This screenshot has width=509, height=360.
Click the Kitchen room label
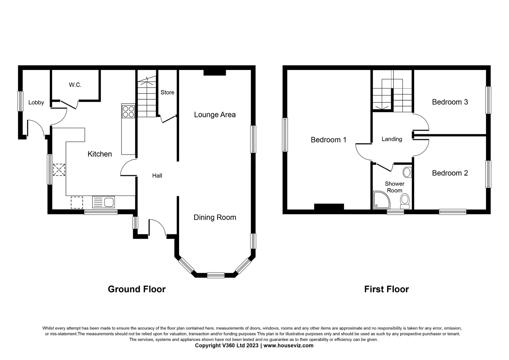(100, 154)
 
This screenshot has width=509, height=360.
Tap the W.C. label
(75, 85)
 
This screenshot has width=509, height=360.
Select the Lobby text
(36, 102)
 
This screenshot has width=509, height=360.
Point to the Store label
(167, 92)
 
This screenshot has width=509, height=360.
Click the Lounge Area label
(215, 115)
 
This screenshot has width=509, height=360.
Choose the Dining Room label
(215, 217)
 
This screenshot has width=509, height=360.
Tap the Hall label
(157, 176)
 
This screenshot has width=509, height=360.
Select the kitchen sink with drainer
(103, 202)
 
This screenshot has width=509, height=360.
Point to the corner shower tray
(381, 200)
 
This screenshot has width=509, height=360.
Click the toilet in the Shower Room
(405, 201)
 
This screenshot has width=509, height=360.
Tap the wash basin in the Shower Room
(407, 173)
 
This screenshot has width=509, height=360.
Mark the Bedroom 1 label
(329, 140)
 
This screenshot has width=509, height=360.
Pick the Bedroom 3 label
(450, 102)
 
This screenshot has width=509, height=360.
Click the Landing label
(392, 139)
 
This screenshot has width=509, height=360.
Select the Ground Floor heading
(136, 289)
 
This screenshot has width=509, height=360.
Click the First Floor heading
(387, 289)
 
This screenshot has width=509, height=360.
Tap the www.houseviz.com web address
(288, 345)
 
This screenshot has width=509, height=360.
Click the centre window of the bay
(216, 275)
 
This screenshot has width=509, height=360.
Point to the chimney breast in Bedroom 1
(329, 207)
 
